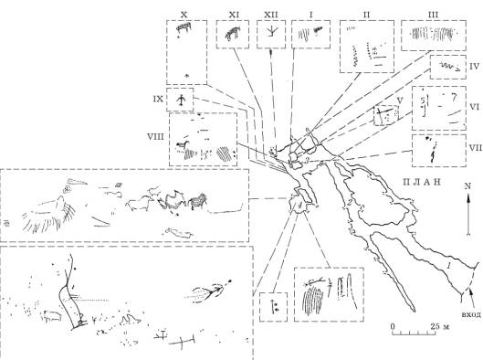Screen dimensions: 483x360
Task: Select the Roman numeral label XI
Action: click(x=234, y=15)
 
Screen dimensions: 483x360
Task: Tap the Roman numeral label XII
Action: click(x=271, y=15)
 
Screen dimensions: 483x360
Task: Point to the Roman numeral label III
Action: click(x=434, y=15)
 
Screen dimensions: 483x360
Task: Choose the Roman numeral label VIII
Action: click(x=156, y=136)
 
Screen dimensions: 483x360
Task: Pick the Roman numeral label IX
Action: click(x=158, y=99)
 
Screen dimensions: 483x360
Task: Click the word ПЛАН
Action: click(x=422, y=182)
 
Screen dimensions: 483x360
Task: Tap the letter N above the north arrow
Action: click(x=467, y=185)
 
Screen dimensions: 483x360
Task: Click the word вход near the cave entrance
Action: click(x=472, y=314)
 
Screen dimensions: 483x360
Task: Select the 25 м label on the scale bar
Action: click(x=439, y=326)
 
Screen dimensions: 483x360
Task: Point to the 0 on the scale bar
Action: click(x=393, y=326)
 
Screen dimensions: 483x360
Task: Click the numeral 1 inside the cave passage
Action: click(x=449, y=265)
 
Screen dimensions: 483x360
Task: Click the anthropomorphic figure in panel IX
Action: click(x=181, y=101)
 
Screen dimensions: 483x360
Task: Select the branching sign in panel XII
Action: click(x=272, y=31)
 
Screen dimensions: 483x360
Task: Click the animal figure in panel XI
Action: click(x=232, y=33)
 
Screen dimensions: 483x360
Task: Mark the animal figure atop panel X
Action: click(x=184, y=27)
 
